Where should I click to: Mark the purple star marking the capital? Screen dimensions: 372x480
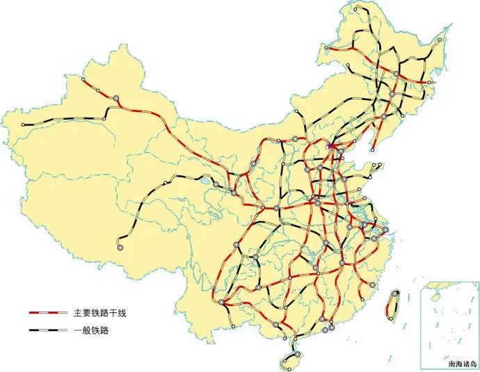pos(330,147)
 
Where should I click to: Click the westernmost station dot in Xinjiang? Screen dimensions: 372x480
pos(23,124)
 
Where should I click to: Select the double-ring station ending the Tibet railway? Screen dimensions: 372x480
pos(120,246)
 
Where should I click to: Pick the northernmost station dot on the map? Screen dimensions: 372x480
pos(355,9)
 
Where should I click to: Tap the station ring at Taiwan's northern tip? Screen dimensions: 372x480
pos(397,293)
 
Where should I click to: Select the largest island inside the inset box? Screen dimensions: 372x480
pos(436,296)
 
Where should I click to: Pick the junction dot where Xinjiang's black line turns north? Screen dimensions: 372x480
pos(104,119)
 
